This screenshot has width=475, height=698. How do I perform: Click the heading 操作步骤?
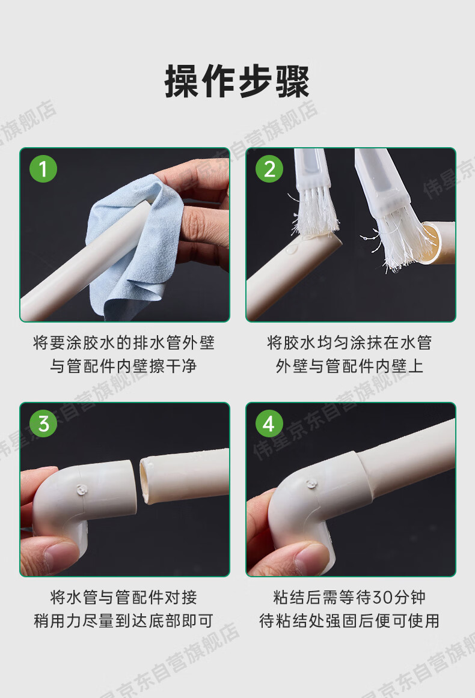pos(237,81)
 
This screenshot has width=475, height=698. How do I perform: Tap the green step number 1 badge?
pos(43,169)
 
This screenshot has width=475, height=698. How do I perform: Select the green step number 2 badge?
pos(269,169)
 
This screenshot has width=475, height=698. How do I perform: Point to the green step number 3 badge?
pos(43,423)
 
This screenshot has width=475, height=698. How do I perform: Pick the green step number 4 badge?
pos(269,423)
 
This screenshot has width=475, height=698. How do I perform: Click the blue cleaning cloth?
pos(129,249)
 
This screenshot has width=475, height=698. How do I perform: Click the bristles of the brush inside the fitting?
pos(403,240)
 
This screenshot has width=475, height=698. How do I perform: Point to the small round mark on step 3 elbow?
pos(82,490)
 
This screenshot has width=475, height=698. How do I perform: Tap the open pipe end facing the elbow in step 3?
pos(146,482)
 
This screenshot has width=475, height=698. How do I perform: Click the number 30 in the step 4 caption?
pos(381,598)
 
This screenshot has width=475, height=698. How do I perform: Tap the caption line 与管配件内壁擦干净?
pos(123,366)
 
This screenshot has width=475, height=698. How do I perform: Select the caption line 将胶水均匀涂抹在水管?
pos(349,343)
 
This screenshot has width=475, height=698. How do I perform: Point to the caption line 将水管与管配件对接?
pos(123,598)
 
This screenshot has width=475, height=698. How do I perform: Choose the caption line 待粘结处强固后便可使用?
pos(349,621)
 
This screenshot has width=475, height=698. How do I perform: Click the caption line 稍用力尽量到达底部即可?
pos(123,621)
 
